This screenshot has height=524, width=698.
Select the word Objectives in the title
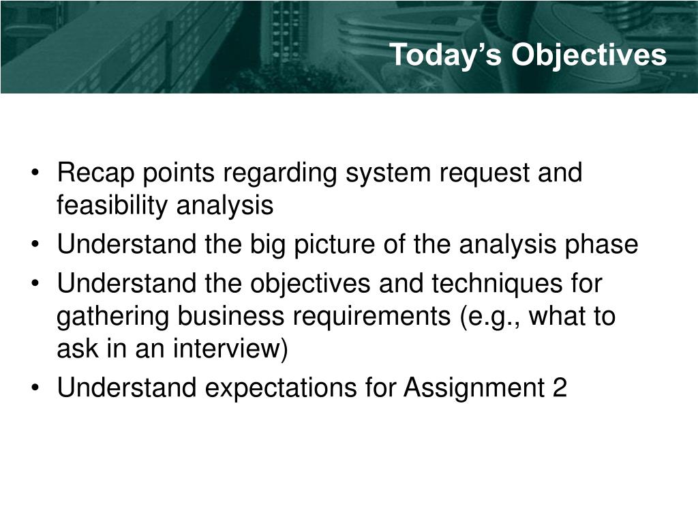(588, 56)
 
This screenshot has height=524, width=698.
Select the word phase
(601, 246)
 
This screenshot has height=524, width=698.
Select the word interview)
(230, 349)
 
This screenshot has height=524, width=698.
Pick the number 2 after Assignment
(560, 388)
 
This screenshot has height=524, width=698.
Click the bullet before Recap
(35, 173)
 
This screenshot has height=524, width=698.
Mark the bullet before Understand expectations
(35, 387)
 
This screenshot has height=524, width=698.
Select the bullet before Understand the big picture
(35, 244)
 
